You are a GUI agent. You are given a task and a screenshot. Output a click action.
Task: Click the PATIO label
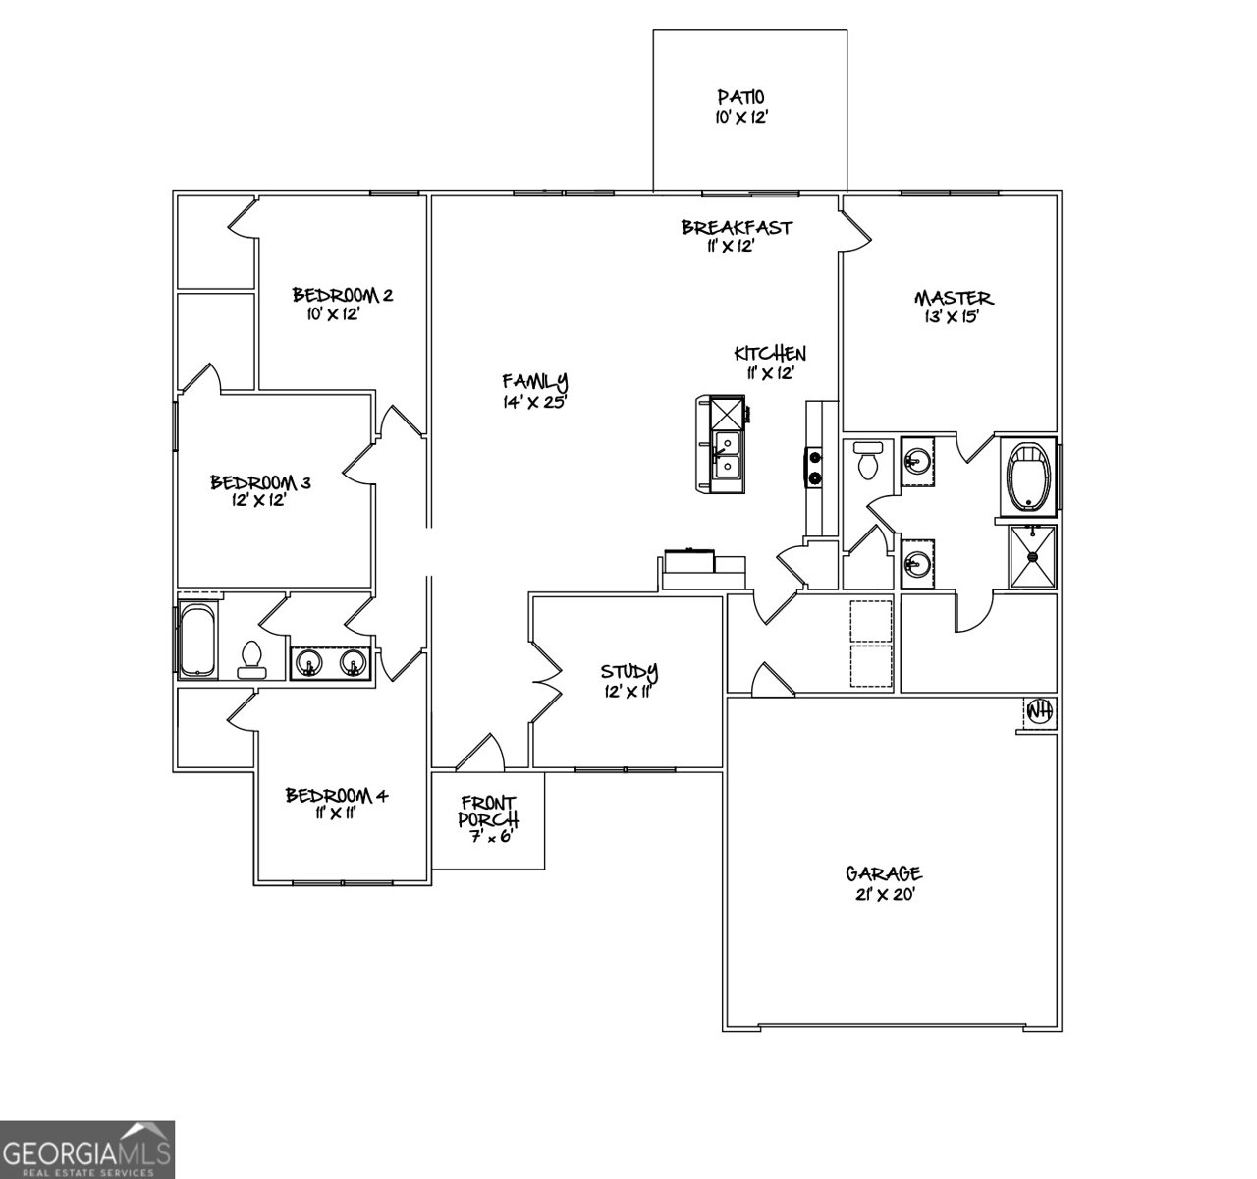(x=740, y=96)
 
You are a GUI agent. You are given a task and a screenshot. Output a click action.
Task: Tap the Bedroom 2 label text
(x=343, y=295)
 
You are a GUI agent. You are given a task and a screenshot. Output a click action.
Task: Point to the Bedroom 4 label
(x=337, y=795)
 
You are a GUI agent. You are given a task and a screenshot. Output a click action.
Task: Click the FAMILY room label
(x=535, y=381)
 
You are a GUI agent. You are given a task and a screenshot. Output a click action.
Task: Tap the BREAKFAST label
(x=737, y=227)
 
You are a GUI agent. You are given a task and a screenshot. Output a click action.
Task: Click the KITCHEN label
(x=771, y=354)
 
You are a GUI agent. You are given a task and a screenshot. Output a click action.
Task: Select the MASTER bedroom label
(x=954, y=298)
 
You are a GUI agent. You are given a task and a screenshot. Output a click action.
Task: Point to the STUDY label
(x=629, y=672)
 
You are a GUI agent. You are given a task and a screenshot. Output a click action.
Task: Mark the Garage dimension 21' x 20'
(x=884, y=893)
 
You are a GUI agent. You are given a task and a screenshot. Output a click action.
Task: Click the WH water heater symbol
(x=1038, y=709)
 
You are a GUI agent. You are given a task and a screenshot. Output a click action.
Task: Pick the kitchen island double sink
(x=728, y=457)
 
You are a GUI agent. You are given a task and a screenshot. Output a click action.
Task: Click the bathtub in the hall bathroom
(x=197, y=641)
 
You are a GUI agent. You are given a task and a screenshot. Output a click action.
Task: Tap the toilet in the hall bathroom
(x=252, y=659)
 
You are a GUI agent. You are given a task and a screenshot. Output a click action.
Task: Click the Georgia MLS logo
(x=86, y=1149)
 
